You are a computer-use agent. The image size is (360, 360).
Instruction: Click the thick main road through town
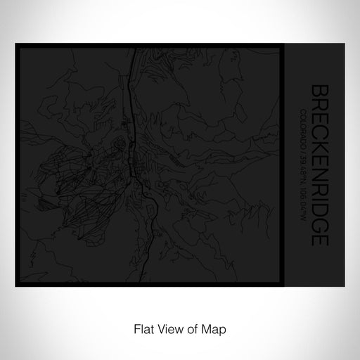pyautogui.click(x=132, y=141)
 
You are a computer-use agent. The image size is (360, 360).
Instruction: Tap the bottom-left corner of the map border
pyautogui.click(x=17, y=285)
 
